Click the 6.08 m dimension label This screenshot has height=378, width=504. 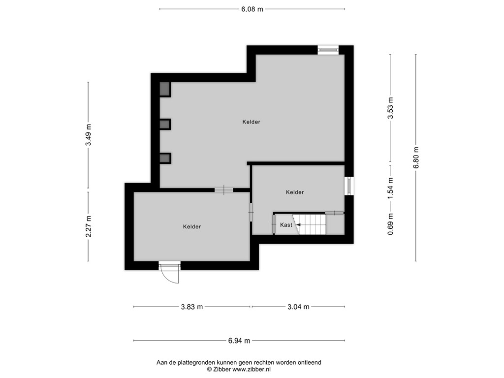click(x=252, y=9)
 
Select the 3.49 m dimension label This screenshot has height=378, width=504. click(x=89, y=134)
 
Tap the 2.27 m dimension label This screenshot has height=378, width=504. click(x=89, y=226)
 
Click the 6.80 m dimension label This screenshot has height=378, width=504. click(x=416, y=157)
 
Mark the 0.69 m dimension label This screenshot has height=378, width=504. click(x=390, y=224)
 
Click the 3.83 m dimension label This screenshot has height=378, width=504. click(x=191, y=307)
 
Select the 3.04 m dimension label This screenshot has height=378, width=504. click(x=298, y=307)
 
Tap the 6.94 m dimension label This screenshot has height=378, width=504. click(x=239, y=340)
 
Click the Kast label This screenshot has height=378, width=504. click(x=286, y=225)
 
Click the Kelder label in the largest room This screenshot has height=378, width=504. click(x=251, y=122)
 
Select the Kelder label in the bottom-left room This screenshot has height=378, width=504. click(x=191, y=227)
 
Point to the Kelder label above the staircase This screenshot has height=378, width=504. click(x=294, y=192)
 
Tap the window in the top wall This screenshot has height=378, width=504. click(x=328, y=49)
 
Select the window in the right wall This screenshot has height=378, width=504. click(x=349, y=186)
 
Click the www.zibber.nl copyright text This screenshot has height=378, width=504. click(x=239, y=369)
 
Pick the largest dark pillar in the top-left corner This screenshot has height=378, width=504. click(x=164, y=89)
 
